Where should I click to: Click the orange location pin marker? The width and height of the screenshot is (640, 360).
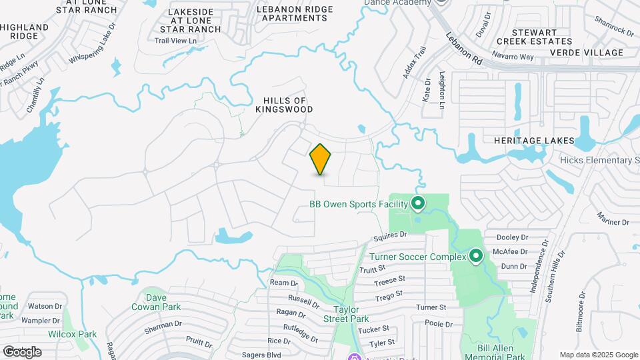tap(321, 159)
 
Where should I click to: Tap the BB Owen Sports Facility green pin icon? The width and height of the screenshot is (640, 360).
tap(418, 203)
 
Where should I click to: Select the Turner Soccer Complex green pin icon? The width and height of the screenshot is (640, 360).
tap(476, 256)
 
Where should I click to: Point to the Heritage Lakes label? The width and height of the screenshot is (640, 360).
tap(533, 141)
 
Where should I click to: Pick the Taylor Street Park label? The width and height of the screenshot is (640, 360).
tap(352, 313)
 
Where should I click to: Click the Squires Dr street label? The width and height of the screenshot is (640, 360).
tap(390, 235)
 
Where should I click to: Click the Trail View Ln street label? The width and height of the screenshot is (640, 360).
tap(176, 41)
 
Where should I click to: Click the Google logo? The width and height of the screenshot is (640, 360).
tap(22, 351)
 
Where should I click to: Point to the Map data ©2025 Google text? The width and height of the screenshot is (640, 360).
tap(597, 355)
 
